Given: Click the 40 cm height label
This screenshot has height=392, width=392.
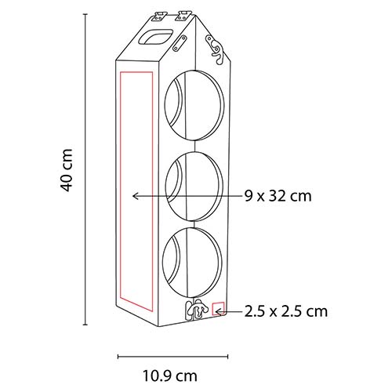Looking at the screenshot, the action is tap(66, 170).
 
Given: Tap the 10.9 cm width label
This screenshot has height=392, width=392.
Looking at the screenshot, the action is tap(170, 376).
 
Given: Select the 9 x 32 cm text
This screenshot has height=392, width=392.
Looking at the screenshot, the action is tap(278, 196).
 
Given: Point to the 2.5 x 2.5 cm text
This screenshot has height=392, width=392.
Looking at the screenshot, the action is tap(286, 311).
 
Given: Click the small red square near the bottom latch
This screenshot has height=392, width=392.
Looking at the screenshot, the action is tap(218, 308).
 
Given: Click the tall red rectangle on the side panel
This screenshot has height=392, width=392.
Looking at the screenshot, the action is tap(120, 192).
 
